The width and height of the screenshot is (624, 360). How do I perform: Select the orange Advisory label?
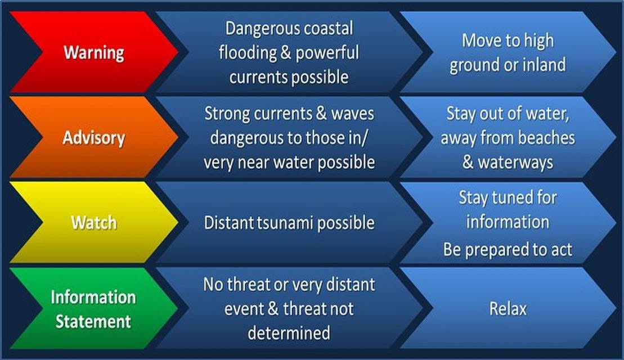coord(94,138)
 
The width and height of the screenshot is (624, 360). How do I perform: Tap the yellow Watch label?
coord(94,223)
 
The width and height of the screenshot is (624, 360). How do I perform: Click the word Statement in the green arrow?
coord(93,322)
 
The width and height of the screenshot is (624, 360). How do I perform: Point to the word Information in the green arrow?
coord(93,297)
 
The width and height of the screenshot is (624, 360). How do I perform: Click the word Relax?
coord(508,309)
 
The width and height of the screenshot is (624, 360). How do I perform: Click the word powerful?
coord(327,53)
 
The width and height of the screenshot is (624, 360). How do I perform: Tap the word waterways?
coord(515,162)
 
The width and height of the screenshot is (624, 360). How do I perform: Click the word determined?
coord(289,333)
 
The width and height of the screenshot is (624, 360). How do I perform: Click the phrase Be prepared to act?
coord(508,249)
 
